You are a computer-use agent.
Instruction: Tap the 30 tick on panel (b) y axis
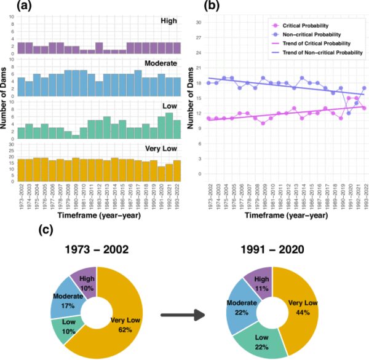click(199, 22)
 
